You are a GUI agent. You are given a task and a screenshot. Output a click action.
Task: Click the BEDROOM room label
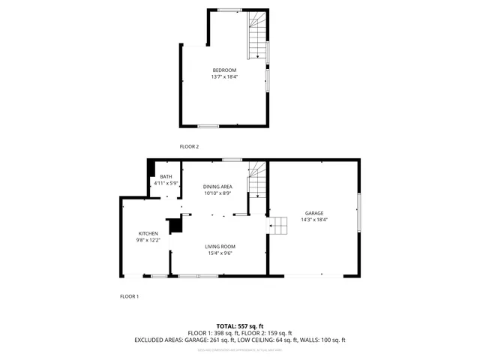pos(224,70)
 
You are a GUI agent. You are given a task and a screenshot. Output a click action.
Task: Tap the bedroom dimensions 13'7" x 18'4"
pos(224,76)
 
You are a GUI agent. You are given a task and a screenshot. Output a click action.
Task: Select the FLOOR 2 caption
pos(189,146)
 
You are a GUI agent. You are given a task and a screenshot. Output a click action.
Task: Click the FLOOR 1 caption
pos(129,296)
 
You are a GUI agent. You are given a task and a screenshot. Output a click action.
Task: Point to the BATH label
pos(166,176)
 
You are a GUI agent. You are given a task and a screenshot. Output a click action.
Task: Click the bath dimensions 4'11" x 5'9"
pos(166,183)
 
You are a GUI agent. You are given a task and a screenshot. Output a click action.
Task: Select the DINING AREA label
pos(218,186)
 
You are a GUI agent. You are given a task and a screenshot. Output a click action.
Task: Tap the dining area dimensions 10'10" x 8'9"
pos(218,193)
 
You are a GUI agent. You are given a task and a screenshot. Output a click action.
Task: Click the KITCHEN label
pos(148,233)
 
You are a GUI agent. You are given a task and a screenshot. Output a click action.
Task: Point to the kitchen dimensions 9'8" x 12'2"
pos(148,240)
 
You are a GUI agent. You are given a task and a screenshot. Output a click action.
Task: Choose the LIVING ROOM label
pos(221,246)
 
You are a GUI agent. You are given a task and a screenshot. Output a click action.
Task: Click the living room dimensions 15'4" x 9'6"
pos(221,253)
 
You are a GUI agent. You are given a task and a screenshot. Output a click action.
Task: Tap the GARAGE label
pos(314,212)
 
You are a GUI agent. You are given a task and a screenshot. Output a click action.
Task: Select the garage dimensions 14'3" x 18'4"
pos(314,219)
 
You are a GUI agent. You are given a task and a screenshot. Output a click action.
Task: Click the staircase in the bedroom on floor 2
pos(257,37)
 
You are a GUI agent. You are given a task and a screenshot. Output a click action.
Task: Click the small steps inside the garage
pos(279,224)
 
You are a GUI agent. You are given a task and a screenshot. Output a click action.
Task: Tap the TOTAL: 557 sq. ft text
pos(239,325)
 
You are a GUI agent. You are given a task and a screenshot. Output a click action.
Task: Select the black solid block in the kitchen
pos(175,225)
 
